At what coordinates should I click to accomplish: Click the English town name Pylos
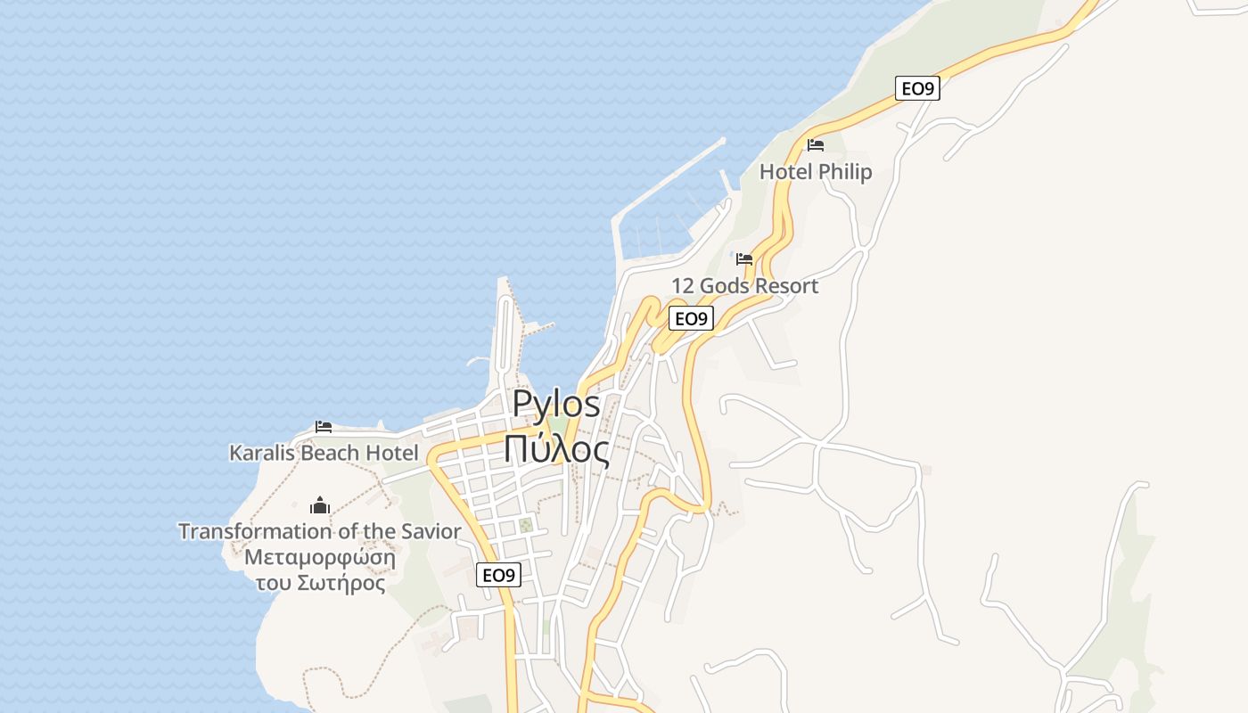[x=556, y=405]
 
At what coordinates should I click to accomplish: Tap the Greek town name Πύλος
[x=556, y=449]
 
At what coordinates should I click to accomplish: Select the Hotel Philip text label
[x=815, y=172]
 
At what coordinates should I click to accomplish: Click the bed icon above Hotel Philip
[x=815, y=144]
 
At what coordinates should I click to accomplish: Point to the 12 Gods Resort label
[x=744, y=286]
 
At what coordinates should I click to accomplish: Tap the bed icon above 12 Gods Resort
[x=744, y=259]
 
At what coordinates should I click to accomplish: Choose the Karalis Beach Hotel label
[x=324, y=453]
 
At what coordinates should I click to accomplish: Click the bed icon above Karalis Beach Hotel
[x=324, y=427]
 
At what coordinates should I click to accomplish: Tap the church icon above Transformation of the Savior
[x=320, y=506]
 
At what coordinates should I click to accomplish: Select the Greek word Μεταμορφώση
[x=320, y=558]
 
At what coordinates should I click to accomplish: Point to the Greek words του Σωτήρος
[x=320, y=584]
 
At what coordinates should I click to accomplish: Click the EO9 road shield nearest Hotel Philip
[x=917, y=88]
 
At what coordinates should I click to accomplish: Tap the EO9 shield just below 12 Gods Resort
[x=691, y=318]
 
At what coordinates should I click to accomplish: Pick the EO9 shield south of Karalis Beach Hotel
[x=498, y=575]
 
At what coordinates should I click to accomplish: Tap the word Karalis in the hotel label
[x=263, y=453]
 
